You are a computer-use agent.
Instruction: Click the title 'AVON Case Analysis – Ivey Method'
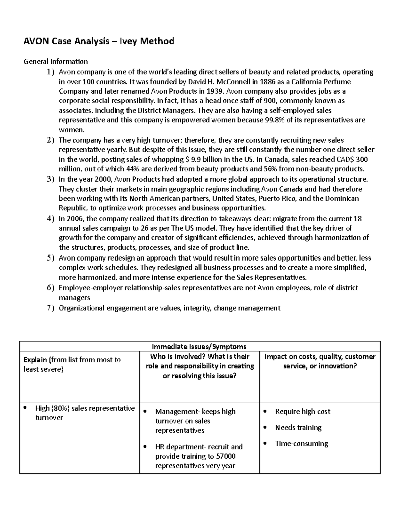(x=98, y=41)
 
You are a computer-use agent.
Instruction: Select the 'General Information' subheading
(x=56, y=61)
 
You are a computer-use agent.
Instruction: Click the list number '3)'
(x=50, y=179)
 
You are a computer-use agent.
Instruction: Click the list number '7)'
(x=50, y=308)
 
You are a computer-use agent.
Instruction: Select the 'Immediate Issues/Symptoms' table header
(x=199, y=346)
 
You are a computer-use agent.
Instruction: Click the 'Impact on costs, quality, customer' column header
(x=320, y=356)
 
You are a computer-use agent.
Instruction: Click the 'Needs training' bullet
(x=298, y=428)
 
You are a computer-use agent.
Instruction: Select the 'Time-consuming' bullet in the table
(x=301, y=444)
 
